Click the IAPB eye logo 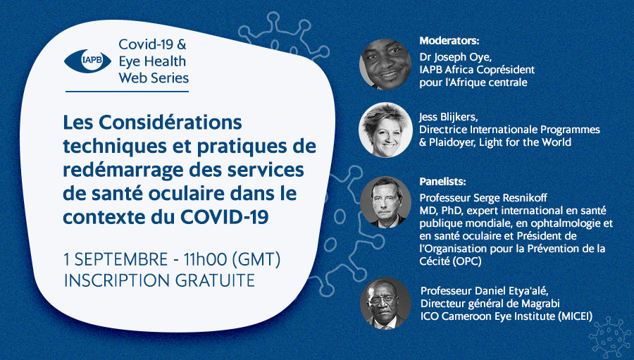click(x=88, y=61)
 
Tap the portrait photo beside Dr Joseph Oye click(x=385, y=64)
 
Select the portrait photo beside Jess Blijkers click(x=385, y=130)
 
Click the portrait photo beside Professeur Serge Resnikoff click(x=385, y=202)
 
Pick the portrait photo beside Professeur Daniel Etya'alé click(x=386, y=303)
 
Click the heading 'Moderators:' click(x=449, y=41)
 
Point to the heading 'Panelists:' click(x=443, y=182)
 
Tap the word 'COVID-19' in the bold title click(x=225, y=217)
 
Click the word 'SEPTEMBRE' click(x=121, y=259)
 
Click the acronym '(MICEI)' click(x=575, y=316)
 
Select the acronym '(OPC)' click(x=467, y=261)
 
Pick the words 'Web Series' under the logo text click(x=154, y=77)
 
